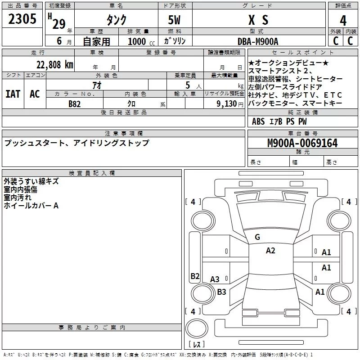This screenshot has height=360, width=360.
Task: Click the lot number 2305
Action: coord(22,19)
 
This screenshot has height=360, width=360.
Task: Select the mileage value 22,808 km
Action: coord(55,65)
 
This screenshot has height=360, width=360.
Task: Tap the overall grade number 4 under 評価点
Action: coord(343,21)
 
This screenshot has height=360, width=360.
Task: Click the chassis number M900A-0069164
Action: coord(302,143)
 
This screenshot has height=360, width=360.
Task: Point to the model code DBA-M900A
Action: coord(258,41)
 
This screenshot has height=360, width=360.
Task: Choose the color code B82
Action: coord(74,104)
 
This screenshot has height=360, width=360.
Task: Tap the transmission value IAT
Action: coord(13,94)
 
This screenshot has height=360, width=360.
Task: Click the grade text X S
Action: coord(258,20)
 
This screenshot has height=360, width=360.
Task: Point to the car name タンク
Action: coord(116,20)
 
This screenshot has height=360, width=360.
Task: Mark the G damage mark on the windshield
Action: coord(257,237)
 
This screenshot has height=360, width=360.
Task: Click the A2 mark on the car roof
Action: coord(270,251)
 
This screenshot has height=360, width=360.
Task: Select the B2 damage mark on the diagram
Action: coord(195,276)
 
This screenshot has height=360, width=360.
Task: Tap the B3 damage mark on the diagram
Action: coord(221,292)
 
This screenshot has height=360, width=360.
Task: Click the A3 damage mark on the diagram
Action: coord(215,279)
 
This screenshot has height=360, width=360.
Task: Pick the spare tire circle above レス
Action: coord(197,328)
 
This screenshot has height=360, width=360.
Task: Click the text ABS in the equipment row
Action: coord(258,121)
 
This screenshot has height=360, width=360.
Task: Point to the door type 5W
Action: coord(174,20)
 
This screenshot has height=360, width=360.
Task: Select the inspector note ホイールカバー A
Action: coord(31,206)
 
